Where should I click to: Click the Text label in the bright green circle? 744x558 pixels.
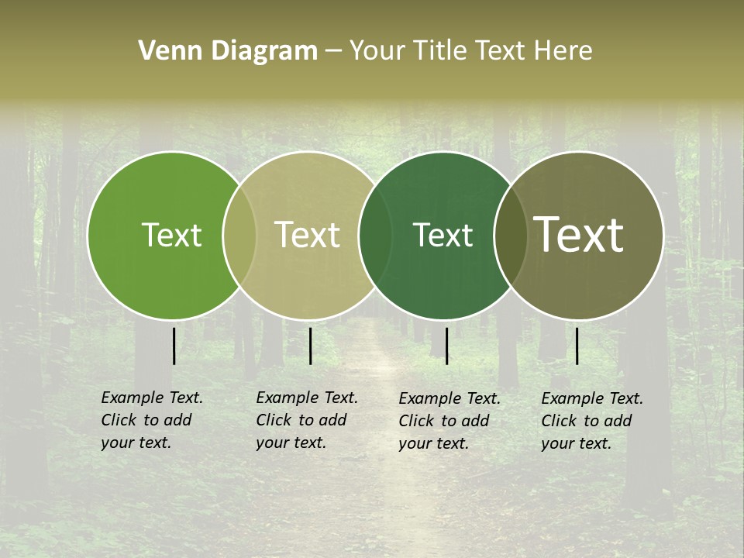pyautogui.click(x=171, y=235)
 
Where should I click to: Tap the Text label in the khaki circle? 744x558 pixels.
pyautogui.click(x=307, y=235)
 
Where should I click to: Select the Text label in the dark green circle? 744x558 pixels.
pyautogui.click(x=443, y=235)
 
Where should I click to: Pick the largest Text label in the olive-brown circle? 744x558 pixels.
pyautogui.click(x=579, y=235)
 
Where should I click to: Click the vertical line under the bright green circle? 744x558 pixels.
pyautogui.click(x=174, y=346)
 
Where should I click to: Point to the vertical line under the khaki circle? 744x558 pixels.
pyautogui.click(x=310, y=346)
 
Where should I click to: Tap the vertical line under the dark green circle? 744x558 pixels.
pyautogui.click(x=446, y=346)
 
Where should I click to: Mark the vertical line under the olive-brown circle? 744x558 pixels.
pyautogui.click(x=577, y=346)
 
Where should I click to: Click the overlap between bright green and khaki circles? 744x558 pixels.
pyautogui.click(x=239, y=235)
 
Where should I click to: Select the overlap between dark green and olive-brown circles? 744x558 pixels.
pyautogui.click(x=511, y=235)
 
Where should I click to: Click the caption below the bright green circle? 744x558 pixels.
pyautogui.click(x=152, y=420)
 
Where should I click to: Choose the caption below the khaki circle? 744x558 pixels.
pyautogui.click(x=307, y=420)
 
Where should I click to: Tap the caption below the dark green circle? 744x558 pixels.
pyautogui.click(x=449, y=421)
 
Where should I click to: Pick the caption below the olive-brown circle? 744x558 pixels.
pyautogui.click(x=592, y=421)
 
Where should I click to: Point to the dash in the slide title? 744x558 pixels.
pyautogui.click(x=333, y=51)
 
